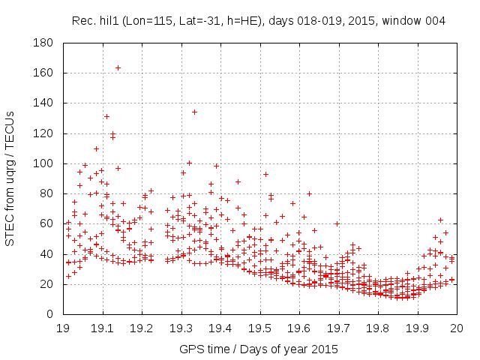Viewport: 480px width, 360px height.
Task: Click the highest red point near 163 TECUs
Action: (x=118, y=67)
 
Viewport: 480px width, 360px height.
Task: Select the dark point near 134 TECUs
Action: (x=194, y=112)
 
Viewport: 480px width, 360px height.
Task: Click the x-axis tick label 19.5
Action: (x=259, y=328)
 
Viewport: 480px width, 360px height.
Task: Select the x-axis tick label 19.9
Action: (x=417, y=328)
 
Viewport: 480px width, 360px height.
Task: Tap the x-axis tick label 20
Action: (x=456, y=328)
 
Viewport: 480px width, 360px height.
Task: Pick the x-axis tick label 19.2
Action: (x=142, y=328)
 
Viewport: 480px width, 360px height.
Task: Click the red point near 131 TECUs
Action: (x=106, y=116)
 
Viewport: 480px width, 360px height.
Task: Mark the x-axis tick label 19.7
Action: (x=338, y=328)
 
